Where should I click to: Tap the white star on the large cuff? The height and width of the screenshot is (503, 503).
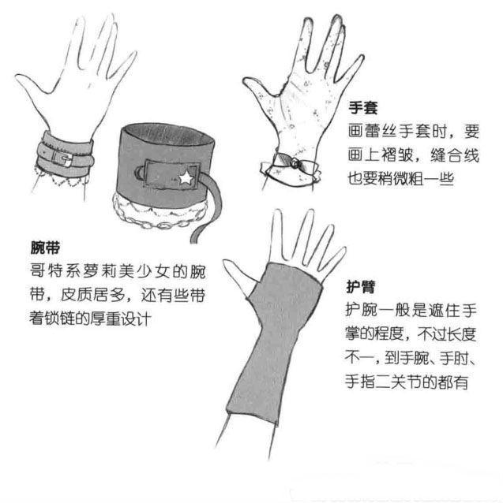click(186, 180)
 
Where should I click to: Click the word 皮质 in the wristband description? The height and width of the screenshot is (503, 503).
click(88, 296)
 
